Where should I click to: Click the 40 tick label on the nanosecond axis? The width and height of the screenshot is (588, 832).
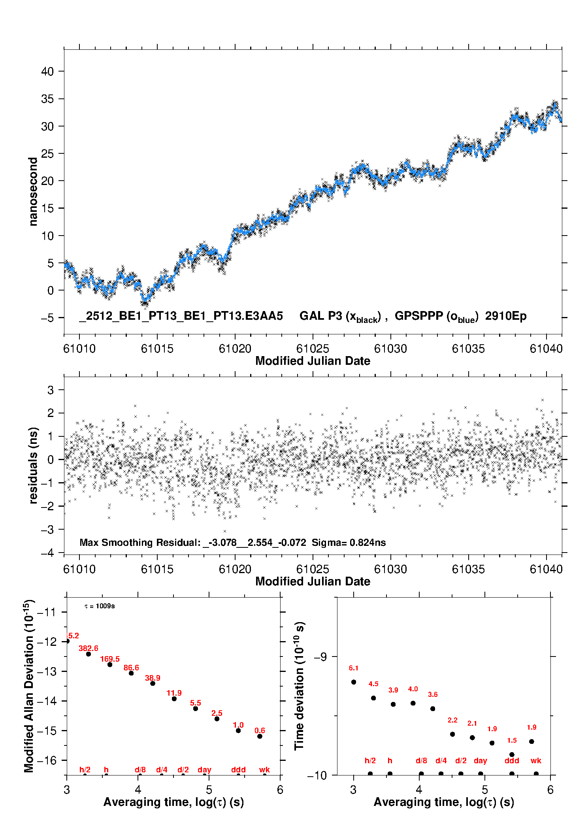47,72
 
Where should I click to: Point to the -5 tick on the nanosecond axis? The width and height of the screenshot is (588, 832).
47,318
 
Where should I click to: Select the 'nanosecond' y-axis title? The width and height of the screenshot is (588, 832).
33,192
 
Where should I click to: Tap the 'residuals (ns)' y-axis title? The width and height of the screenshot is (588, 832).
34,465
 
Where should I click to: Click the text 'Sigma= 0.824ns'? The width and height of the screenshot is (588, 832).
349,542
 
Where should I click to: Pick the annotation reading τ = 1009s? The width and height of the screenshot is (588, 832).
100,606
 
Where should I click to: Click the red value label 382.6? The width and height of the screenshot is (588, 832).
89,648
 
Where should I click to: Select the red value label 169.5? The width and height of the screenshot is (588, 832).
110,659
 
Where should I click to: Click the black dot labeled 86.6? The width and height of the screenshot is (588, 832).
131,673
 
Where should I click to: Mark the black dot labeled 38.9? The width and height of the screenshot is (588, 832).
153,683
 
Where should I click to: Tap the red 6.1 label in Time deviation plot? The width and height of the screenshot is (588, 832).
354,668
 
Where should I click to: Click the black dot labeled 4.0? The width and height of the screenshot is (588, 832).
413,703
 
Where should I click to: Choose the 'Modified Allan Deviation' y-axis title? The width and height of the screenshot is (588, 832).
29,686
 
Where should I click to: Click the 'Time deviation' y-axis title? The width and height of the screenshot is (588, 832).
300,686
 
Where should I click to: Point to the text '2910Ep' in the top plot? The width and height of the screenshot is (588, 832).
506,316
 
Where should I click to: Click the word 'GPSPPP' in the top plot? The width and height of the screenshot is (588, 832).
419,316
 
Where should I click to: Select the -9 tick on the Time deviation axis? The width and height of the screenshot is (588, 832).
320,657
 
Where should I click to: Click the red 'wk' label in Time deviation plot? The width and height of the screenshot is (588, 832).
536,760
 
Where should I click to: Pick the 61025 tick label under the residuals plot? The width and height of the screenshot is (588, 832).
313,569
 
